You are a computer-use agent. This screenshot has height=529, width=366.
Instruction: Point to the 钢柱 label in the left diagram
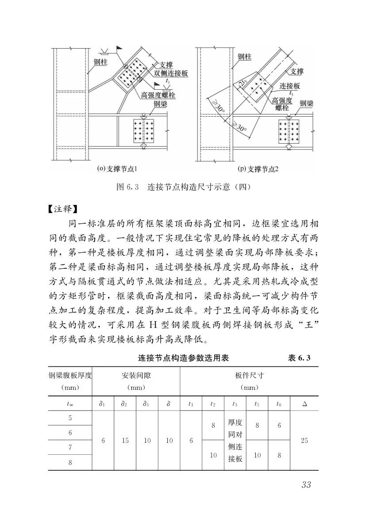pyautogui.click(x=101, y=62)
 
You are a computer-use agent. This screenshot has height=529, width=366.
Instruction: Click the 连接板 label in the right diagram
pyautogui.click(x=290, y=86)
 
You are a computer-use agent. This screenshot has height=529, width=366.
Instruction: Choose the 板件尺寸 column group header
pyautogui.click(x=249, y=376)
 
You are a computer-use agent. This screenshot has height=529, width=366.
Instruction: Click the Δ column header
pyautogui.click(x=304, y=403)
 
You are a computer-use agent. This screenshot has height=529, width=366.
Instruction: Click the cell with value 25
pyautogui.click(x=304, y=441)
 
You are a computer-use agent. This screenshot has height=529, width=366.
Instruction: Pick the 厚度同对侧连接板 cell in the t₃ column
pyautogui.click(x=235, y=441)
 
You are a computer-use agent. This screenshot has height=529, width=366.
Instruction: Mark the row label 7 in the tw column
pyautogui.click(x=70, y=448)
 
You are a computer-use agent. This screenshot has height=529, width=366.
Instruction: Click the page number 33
pyautogui.click(x=306, y=484)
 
